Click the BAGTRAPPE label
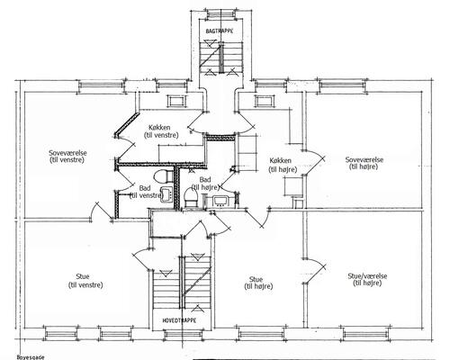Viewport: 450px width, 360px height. [220, 31]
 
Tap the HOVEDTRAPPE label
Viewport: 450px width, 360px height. [179, 320]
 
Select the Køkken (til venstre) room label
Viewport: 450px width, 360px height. [161, 131]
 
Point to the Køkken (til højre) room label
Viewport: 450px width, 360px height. [283, 165]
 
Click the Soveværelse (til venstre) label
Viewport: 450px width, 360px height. [67, 156]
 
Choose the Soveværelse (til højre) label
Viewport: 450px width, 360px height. [364, 163]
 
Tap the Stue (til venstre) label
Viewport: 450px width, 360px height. [85, 281]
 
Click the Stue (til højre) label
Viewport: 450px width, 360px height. [258, 283]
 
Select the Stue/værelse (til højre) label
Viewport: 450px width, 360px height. [367, 279]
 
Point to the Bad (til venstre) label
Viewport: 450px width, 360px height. [146, 192]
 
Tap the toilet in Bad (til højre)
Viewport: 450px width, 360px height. [190, 197]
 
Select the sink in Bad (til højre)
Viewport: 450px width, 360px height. [221, 201]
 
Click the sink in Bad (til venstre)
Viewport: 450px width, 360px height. [167, 193]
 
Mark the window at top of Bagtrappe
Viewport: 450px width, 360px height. [220, 13]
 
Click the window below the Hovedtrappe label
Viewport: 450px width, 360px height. [179, 334]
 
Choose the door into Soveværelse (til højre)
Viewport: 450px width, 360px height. [313, 163]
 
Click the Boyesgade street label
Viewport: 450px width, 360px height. [31, 357]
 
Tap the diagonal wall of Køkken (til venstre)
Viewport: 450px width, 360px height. [127, 124]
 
